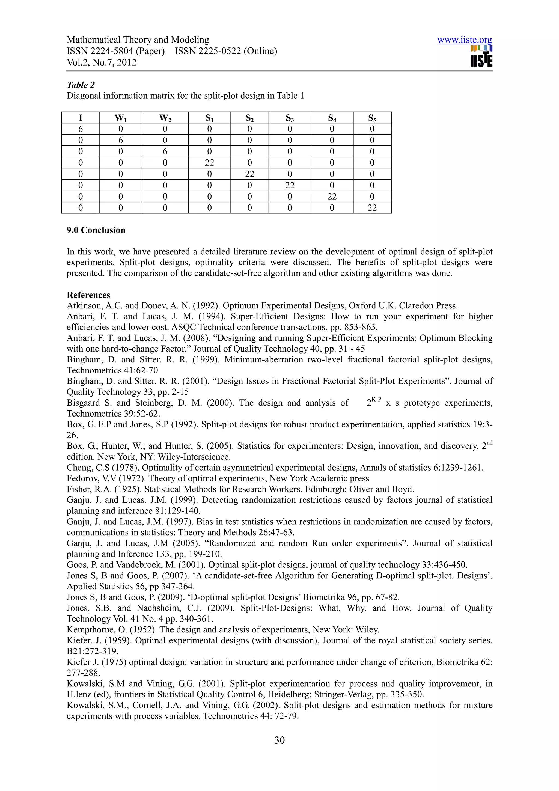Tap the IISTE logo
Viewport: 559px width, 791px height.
[x=481, y=56]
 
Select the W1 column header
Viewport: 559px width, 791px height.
[x=121, y=118]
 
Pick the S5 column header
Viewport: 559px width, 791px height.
[x=372, y=118]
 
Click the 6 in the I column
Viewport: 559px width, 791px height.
[x=81, y=129]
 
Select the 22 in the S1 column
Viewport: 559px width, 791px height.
[x=209, y=163]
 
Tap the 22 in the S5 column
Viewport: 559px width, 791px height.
[x=372, y=208]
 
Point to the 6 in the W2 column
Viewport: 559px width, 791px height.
[x=165, y=151]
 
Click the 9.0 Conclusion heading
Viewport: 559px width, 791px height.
[x=96, y=230]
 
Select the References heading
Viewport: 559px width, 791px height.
[x=88, y=295]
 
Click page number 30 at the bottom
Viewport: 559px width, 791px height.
[x=279, y=740]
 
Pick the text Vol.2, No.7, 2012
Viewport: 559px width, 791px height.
[x=102, y=62]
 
